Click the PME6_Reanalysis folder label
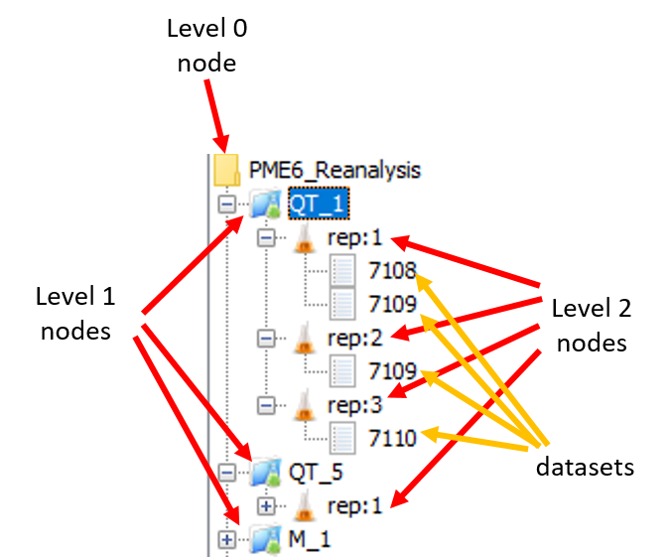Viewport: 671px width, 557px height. pos(335,171)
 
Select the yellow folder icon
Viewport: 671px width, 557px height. pos(227,170)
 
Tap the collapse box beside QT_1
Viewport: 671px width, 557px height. pos(227,204)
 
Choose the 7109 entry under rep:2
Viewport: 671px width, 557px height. pos(390,372)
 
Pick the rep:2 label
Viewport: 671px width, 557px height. pos(354,338)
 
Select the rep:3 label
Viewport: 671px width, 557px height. pos(354,405)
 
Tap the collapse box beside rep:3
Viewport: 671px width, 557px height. pos(265,405)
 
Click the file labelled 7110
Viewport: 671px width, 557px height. pos(390,438)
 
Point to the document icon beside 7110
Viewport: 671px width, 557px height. pos(342,438)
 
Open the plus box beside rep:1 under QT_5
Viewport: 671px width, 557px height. pos(265,505)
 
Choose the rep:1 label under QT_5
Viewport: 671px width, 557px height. pos(354,505)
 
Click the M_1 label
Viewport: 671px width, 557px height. pos(309,539)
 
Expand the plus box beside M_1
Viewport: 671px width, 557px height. pos(227,539)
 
